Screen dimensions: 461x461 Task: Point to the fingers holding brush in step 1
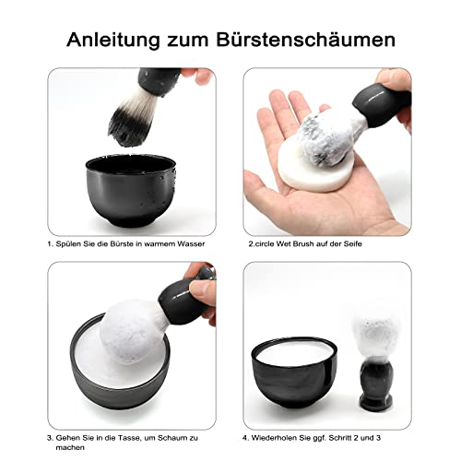(x=197, y=75)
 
